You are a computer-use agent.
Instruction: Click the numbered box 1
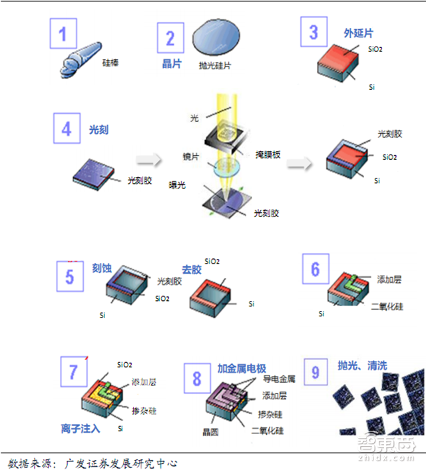[x=63, y=33]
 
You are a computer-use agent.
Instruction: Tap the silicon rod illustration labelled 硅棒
[x=81, y=60]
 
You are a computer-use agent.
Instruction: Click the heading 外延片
[x=358, y=33]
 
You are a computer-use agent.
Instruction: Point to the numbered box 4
[x=67, y=128]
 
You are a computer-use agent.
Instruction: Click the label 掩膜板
[x=268, y=154]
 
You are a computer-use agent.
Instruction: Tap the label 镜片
[x=191, y=156]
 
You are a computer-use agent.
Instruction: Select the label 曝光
[x=177, y=185]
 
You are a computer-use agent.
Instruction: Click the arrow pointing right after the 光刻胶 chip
[x=149, y=160]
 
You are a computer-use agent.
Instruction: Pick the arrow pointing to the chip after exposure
[x=300, y=164]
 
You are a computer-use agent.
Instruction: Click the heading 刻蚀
[x=102, y=268]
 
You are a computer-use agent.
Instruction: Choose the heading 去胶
[x=192, y=270]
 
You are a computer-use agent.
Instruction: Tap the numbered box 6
[x=316, y=269]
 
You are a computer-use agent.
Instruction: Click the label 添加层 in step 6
[x=389, y=280]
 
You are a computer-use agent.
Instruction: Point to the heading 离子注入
[x=81, y=429]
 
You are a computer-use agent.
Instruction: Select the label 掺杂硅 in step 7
[x=144, y=411]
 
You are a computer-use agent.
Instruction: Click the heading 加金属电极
[x=242, y=368]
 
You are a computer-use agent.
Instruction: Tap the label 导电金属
[x=279, y=379]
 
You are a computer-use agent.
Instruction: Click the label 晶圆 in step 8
[x=210, y=432]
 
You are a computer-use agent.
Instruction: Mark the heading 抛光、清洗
[x=363, y=365]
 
